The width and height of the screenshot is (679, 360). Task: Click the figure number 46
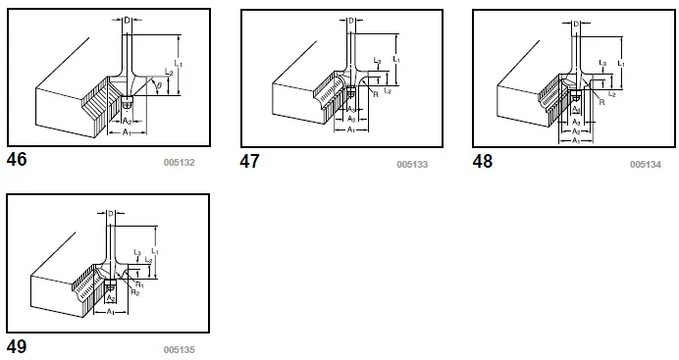tap(19, 159)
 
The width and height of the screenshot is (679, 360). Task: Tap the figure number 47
tap(250, 161)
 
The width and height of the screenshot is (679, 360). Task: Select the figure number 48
tap(483, 161)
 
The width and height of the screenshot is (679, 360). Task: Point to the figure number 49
tap(19, 345)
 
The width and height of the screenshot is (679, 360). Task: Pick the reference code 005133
tap(412, 164)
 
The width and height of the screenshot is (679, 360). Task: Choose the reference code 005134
tap(645, 164)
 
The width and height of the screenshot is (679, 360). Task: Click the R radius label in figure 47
tap(377, 95)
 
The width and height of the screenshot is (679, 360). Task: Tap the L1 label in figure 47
tap(395, 60)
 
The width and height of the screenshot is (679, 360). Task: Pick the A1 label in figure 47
tap(351, 129)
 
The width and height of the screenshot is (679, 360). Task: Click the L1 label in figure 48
tap(622, 61)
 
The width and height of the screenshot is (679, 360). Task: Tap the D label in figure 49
tap(111, 213)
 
